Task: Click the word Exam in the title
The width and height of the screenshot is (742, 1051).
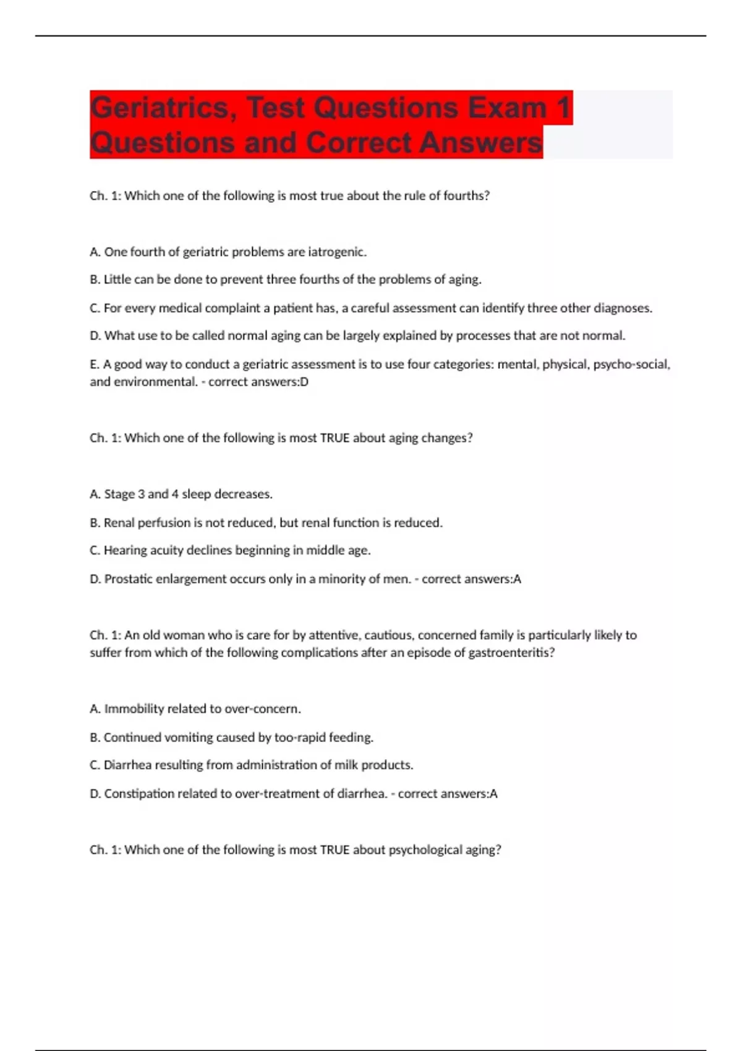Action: (x=507, y=108)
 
